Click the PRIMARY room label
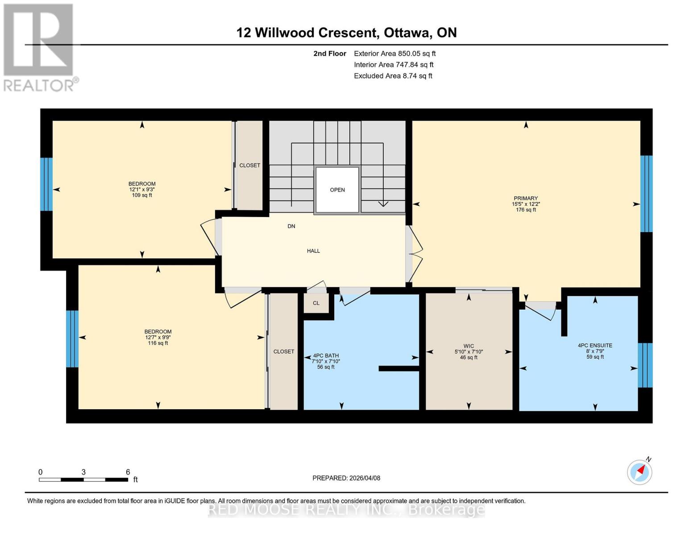click(x=526, y=198)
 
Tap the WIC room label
click(x=469, y=346)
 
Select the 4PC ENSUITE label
click(x=595, y=345)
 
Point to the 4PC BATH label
click(x=326, y=356)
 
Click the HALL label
click(x=313, y=251)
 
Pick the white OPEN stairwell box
click(x=337, y=190)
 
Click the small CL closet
click(x=316, y=303)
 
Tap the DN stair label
click(x=291, y=226)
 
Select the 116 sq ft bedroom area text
click(x=158, y=343)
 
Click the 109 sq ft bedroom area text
click(x=142, y=195)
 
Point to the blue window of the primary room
click(x=647, y=194)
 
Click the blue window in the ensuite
click(x=645, y=365)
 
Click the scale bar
click(x=83, y=479)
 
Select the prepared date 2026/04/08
click(x=365, y=478)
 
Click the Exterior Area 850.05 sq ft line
click(x=394, y=54)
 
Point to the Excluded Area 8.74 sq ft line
click(x=393, y=76)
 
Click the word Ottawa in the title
click(x=407, y=33)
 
